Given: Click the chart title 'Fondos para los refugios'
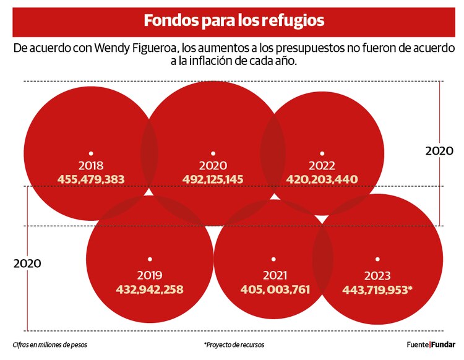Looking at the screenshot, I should (233, 20).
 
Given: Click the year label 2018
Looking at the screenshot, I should (91, 166).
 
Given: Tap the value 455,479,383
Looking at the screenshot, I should (91, 179).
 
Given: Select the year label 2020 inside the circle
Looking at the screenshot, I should (213, 166).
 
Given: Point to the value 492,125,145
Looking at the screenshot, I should (213, 179).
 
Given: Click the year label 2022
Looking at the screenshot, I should (322, 166).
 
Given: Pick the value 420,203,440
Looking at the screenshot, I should (322, 179).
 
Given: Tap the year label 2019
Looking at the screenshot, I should (150, 275).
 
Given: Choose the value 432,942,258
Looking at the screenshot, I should (150, 289).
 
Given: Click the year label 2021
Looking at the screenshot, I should (275, 275).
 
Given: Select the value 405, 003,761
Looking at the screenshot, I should (275, 289).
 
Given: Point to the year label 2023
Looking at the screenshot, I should (376, 275).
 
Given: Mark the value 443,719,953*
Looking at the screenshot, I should (377, 289).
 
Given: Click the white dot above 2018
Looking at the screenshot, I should (91, 153).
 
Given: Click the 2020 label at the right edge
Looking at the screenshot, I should (439, 151).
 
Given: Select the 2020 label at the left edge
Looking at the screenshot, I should (27, 263).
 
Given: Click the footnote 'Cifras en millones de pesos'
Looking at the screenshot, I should (49, 345).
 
